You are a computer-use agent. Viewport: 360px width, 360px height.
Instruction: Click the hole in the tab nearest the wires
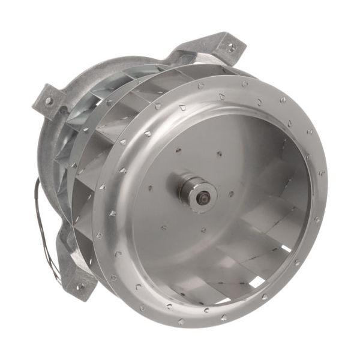77,287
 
